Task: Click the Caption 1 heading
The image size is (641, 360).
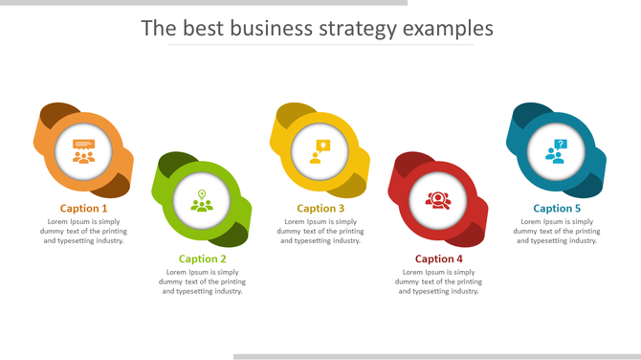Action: pos(84,208)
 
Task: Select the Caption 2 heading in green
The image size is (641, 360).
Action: pos(203,259)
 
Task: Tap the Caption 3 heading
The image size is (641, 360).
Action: pos(320,208)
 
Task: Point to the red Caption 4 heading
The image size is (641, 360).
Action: pos(439,259)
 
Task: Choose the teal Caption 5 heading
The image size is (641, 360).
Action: pos(557,208)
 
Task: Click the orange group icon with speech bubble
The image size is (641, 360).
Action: pos(84,151)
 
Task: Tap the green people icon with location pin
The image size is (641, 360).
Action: pos(202,202)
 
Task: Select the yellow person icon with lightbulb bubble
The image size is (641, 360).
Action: pos(320,151)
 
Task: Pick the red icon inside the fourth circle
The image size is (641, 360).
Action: pos(438,201)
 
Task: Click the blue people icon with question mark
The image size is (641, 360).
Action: pos(557,151)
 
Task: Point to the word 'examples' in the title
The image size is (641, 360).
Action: pos(448,29)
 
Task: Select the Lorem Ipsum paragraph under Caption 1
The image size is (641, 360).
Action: pos(84,231)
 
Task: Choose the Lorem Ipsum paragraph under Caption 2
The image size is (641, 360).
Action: pos(203,281)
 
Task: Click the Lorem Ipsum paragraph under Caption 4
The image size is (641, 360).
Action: pos(439,281)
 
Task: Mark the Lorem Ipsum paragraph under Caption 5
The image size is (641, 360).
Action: pos(557,231)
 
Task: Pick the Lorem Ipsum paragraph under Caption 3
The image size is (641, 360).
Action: pos(320,231)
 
